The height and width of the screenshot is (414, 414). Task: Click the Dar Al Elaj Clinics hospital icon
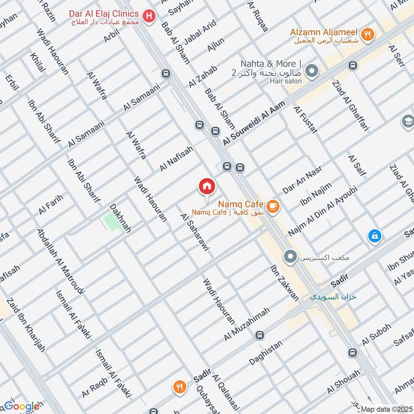point(150,17)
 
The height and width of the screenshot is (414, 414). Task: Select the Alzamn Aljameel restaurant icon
point(368,34)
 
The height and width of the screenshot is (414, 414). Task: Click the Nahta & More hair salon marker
point(312,71)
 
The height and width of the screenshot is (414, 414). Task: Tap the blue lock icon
point(374,236)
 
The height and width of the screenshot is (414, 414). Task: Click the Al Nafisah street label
point(176,158)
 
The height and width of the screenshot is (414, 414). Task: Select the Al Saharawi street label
point(195,232)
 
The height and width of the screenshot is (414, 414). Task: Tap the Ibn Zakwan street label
point(284,283)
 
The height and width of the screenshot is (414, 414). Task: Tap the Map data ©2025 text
point(385,409)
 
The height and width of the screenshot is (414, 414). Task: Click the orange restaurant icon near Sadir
point(179,386)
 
